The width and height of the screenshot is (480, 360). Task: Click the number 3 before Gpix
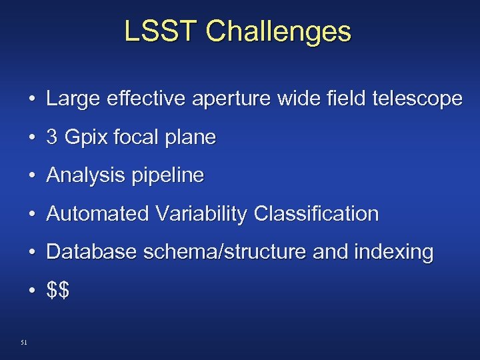click(52, 137)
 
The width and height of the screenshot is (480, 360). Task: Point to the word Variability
click(201, 215)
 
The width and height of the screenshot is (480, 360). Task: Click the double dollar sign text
click(58, 291)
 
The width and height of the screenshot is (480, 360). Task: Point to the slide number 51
click(24, 343)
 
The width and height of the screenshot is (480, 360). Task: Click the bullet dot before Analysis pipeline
click(32, 177)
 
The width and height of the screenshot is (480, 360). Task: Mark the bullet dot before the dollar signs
click(32, 291)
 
